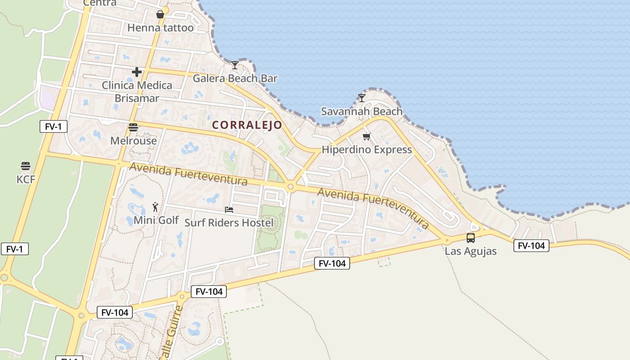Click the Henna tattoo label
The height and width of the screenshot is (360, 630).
[x=160, y=28]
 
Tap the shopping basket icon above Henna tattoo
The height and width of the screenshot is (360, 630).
[x=160, y=15]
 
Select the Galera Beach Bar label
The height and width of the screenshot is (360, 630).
[x=235, y=78]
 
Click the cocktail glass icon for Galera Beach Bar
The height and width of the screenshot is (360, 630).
[x=235, y=65]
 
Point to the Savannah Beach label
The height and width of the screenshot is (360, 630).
[x=361, y=111]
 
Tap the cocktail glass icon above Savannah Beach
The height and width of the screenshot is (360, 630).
[x=361, y=98]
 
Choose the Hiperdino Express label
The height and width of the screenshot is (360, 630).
[x=367, y=150]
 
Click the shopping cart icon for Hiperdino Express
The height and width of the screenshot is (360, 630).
[x=367, y=136]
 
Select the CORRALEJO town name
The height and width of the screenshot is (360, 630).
[x=247, y=125]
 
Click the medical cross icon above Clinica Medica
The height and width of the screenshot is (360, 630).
[x=137, y=72]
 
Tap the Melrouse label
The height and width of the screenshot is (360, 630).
[x=134, y=141]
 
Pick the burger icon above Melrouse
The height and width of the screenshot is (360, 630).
[x=133, y=127]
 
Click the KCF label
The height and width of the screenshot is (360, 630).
[x=26, y=180]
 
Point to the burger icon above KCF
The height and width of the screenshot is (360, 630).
[x=26, y=166]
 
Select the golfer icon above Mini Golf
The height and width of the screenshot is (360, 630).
[x=156, y=207]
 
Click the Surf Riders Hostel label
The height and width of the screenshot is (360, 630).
[x=229, y=223]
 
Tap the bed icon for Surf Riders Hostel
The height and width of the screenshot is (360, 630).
[x=229, y=210]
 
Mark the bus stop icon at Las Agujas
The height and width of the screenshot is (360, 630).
[x=471, y=238]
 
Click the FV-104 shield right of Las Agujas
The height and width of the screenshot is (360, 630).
[x=531, y=246]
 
